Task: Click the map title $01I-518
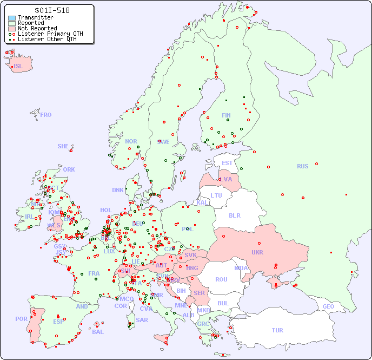coord(52,10)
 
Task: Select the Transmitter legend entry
coord(35,18)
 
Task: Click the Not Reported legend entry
coord(37,28)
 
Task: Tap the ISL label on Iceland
coord(18,67)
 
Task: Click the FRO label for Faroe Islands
coord(46,115)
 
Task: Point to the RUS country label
coord(302,166)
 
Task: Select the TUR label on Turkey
coord(277,330)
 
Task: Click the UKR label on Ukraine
coord(257,252)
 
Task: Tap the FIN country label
coord(226,115)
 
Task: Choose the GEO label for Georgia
coord(328,306)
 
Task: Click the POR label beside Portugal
coord(21,319)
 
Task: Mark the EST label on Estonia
coord(227,163)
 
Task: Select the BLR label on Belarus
coord(235,215)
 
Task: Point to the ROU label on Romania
coord(221,279)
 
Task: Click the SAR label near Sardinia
coord(142,320)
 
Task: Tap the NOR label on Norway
coord(131,141)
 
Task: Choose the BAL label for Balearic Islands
coord(97,332)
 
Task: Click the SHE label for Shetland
coord(63,146)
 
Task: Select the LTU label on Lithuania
coord(216,195)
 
